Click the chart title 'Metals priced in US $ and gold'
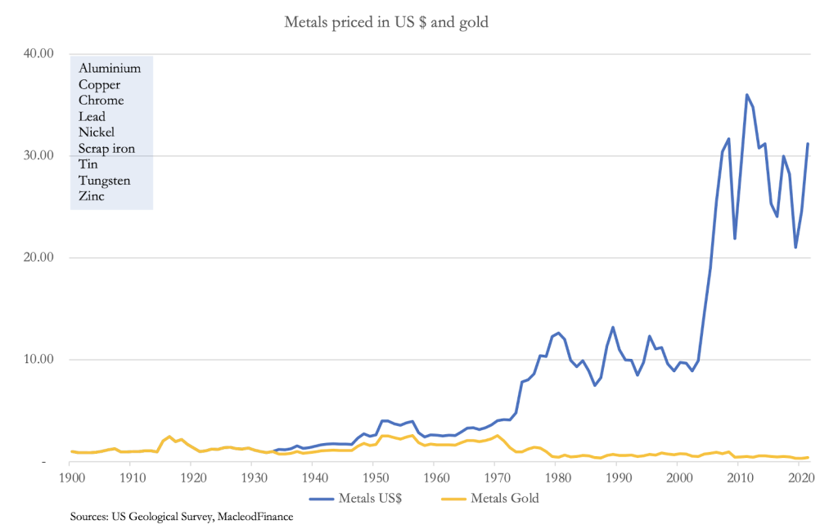pyautogui.click(x=385, y=22)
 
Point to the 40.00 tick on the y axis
pyautogui.click(x=35, y=54)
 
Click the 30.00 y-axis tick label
pyautogui.click(x=35, y=156)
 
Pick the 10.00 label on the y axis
pyautogui.click(x=35, y=360)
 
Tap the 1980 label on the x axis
pyautogui.click(x=556, y=477)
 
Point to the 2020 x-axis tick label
pyautogui.click(x=799, y=477)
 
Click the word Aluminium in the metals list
pyautogui.click(x=110, y=69)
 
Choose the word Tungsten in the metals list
pyautogui.click(x=104, y=181)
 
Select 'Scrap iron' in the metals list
pyautogui.click(x=106, y=149)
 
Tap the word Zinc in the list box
pyautogui.click(x=92, y=196)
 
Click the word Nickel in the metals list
pyautogui.click(x=97, y=132)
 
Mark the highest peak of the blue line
pyautogui.click(x=746, y=95)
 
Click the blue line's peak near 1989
pyautogui.click(x=613, y=328)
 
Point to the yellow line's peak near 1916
pyautogui.click(x=169, y=437)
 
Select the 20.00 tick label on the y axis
pyautogui.click(x=35, y=258)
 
